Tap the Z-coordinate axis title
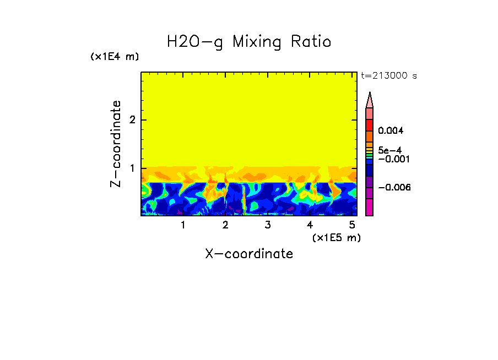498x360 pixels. tap(116, 144)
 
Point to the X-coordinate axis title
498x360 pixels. tap(249, 254)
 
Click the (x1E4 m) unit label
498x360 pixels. tap(115, 57)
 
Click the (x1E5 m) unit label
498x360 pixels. tap(336, 237)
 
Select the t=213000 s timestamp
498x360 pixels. tap(388, 75)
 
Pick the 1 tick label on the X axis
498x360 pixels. tap(183, 225)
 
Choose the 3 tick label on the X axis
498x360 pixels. tap(268, 225)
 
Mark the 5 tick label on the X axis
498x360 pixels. tap(352, 225)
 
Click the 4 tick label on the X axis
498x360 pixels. tap(310, 225)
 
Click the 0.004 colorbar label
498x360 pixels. tap(391, 131)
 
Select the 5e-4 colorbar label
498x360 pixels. tap(389, 150)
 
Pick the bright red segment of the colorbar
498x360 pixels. tap(370, 124)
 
